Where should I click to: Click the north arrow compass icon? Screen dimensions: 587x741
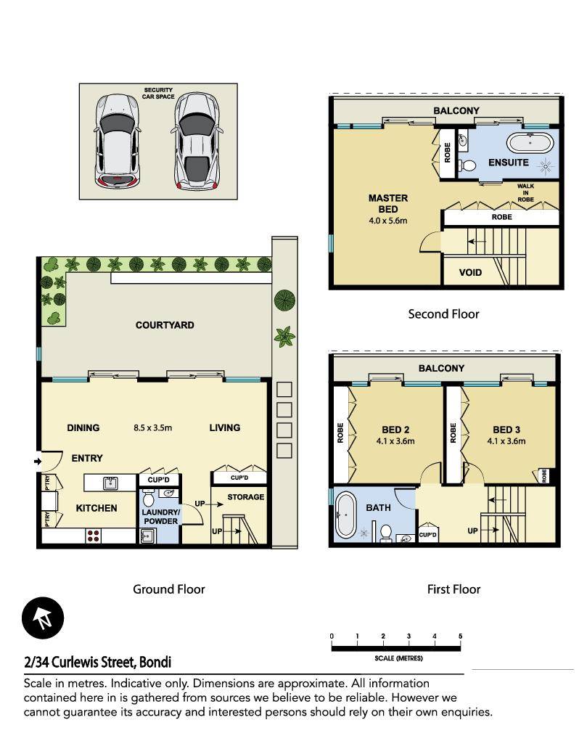pyautogui.click(x=43, y=618)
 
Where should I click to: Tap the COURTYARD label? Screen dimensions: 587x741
pyautogui.click(x=165, y=325)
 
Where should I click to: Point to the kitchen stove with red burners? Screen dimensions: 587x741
pyautogui.click(x=93, y=536)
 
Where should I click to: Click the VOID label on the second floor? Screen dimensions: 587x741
pyautogui.click(x=470, y=273)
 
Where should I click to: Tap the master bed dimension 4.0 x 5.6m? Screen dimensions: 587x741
pyautogui.click(x=388, y=221)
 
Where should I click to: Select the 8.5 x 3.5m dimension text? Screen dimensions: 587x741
pyautogui.click(x=152, y=428)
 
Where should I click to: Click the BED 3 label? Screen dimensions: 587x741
pyautogui.click(x=506, y=430)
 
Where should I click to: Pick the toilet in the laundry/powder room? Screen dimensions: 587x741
pyautogui.click(x=149, y=498)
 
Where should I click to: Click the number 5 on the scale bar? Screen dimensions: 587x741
pyautogui.click(x=460, y=636)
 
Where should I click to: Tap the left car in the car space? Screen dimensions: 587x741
pyautogui.click(x=117, y=141)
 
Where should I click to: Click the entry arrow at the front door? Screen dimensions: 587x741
pyautogui.click(x=38, y=462)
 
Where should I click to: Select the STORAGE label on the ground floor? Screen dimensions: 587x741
pyautogui.click(x=246, y=497)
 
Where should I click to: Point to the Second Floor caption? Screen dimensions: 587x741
pyautogui.click(x=443, y=314)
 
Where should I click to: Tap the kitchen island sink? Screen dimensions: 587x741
pyautogui.click(x=110, y=483)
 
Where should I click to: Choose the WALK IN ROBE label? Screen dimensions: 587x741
pyautogui.click(x=525, y=193)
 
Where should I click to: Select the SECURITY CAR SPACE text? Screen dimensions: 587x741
pyautogui.click(x=158, y=93)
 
